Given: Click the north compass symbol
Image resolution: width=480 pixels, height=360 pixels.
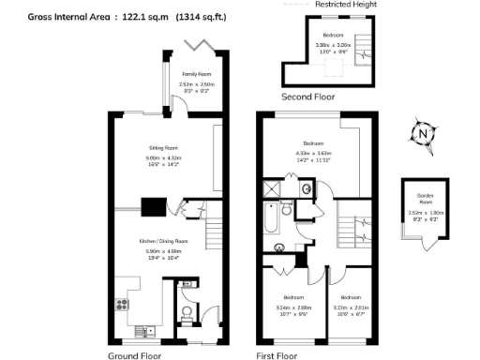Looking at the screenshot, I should point(425,134).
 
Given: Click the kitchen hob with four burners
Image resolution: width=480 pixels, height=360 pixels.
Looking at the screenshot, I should point(121,304).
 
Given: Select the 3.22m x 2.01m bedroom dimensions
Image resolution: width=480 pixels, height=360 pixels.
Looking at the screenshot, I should point(347,306).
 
